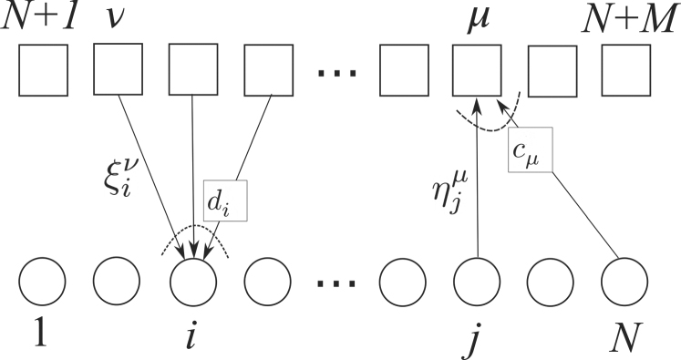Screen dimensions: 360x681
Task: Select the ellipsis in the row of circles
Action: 336,285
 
